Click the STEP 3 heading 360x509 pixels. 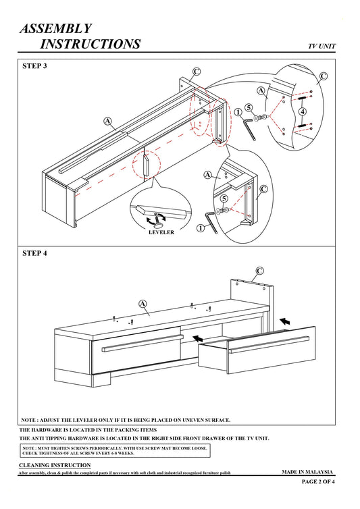pyautogui.click(x=34, y=66)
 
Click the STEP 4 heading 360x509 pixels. pyautogui.click(x=34, y=253)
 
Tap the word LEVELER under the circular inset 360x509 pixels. pyautogui.click(x=161, y=232)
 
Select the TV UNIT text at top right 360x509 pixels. pyautogui.click(x=322, y=46)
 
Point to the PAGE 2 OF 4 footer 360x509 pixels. pyautogui.click(x=318, y=481)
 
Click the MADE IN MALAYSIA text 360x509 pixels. pyautogui.click(x=307, y=472)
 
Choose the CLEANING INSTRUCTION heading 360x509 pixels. pyautogui.click(x=55, y=465)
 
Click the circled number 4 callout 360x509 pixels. pyautogui.click(x=303, y=111)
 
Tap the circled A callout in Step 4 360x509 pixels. pyautogui.click(x=143, y=304)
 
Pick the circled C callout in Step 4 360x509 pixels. pyautogui.click(x=259, y=271)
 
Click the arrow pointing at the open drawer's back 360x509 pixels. pyautogui.click(x=285, y=321)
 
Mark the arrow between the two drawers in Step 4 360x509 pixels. pyautogui.click(x=197, y=339)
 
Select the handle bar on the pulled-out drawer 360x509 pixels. pyautogui.click(x=269, y=344)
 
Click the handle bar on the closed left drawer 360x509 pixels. pyautogui.click(x=143, y=344)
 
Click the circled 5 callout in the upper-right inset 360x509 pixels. pyautogui.click(x=249, y=108)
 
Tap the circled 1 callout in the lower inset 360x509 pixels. pyautogui.click(x=201, y=228)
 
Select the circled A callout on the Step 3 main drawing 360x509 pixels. pyautogui.click(x=107, y=122)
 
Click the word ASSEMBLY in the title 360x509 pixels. pyautogui.click(x=56, y=28)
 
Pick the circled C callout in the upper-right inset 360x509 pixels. pyautogui.click(x=324, y=76)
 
